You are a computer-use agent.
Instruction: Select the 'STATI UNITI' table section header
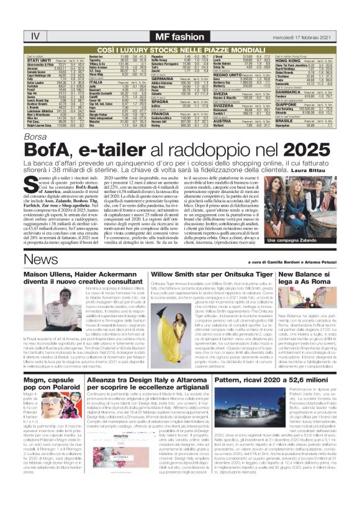coord(38,61)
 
